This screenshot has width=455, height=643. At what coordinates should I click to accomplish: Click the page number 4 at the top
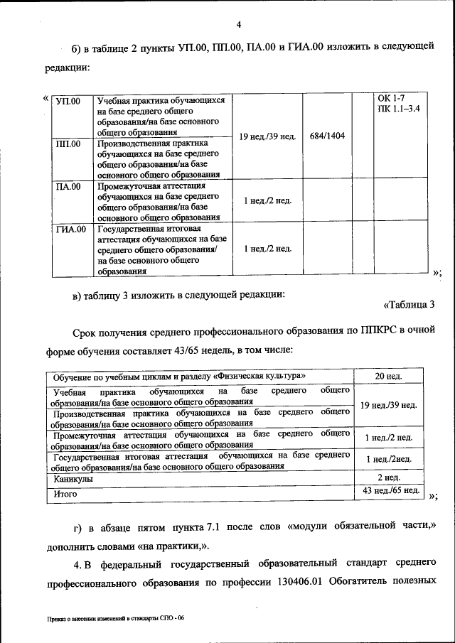point(239,26)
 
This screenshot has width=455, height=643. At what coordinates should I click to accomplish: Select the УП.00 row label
point(68,101)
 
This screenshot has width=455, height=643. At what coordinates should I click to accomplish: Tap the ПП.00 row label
point(68,144)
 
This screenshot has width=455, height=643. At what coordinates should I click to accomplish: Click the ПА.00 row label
point(68,187)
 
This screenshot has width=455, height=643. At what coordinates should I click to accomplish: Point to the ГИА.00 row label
point(70,229)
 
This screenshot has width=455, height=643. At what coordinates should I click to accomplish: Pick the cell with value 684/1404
point(327,135)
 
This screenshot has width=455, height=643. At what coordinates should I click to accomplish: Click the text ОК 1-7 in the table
point(391,98)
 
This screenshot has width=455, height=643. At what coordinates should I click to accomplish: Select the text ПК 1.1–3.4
point(400,109)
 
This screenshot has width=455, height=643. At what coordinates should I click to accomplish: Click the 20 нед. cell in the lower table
point(389,376)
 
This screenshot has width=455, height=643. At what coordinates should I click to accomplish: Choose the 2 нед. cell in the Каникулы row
point(389,477)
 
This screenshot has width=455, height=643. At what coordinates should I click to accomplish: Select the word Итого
point(65,492)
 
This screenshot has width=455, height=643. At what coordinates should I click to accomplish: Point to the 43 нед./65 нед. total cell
point(389,490)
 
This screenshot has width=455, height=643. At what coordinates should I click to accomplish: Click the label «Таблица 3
point(409,306)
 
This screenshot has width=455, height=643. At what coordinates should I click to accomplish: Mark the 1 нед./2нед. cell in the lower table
point(389,460)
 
